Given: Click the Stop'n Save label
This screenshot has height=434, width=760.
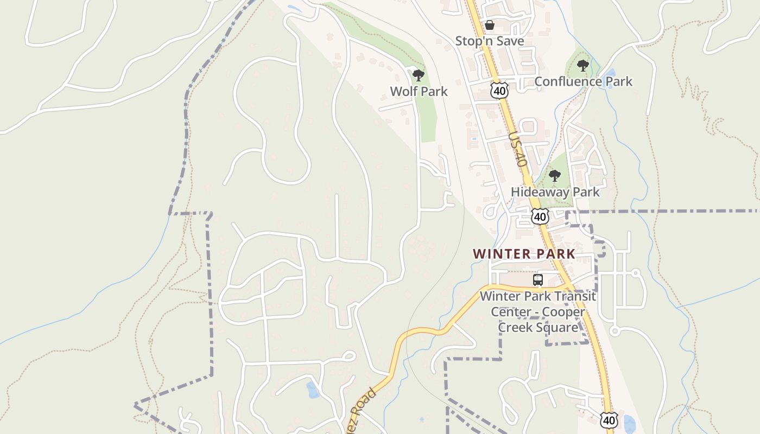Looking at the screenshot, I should click(489, 41).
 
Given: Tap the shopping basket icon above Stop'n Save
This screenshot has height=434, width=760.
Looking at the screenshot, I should click(489, 25).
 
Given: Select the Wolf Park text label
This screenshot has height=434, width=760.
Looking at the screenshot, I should click(419, 91).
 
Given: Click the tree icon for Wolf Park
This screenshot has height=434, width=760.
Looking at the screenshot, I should click(418, 75).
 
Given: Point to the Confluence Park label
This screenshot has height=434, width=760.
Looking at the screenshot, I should click(584, 81).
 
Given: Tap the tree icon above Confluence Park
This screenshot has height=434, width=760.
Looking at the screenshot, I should click(583, 66).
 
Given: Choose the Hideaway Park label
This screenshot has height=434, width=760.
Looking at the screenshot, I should click(555, 192).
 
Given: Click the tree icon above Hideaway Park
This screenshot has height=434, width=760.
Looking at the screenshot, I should click(554, 176).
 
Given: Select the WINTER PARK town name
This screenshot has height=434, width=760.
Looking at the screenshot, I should click(524, 254).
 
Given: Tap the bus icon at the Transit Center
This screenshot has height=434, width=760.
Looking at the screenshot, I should click(537, 280).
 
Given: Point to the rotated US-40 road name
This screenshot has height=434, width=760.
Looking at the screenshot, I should click(518, 148).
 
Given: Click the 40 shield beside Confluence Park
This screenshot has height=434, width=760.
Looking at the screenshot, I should click(499, 91).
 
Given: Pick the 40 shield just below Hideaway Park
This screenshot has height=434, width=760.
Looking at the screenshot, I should click(540, 216).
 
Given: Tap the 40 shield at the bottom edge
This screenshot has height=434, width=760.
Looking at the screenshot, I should click(609, 419).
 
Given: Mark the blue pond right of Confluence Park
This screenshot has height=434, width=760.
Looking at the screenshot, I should click(610, 72).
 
